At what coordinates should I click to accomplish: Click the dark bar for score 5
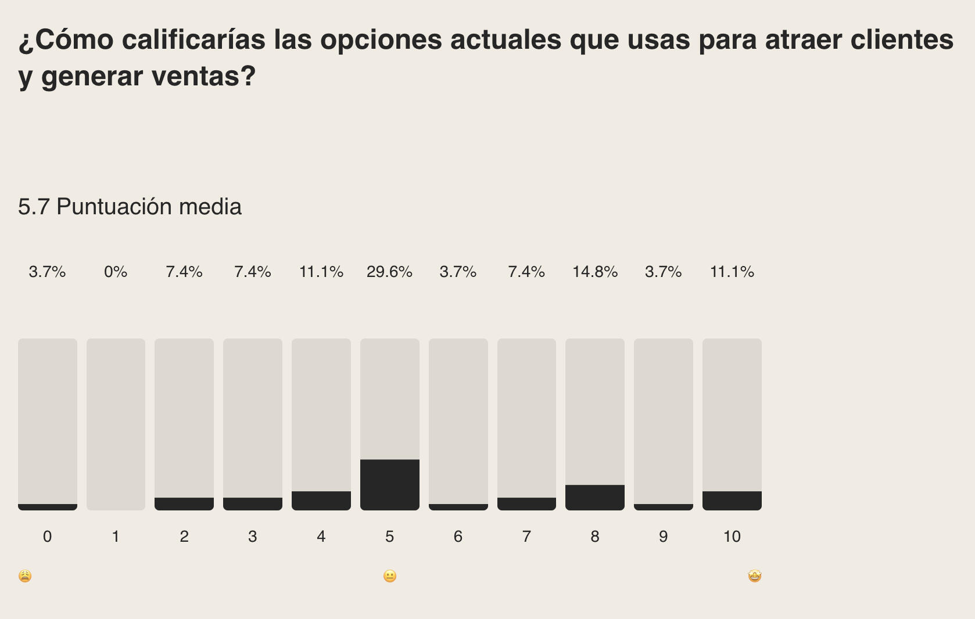pos(389,485)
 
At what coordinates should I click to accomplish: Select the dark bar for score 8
pos(594,498)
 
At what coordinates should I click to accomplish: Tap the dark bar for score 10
pos(732,501)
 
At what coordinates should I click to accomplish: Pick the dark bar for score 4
pos(321,501)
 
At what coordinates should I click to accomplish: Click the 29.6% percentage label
pos(389,272)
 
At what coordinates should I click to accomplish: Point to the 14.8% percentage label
pos(594,272)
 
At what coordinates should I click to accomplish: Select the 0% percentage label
pos(116,272)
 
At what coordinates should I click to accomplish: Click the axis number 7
pos(526,537)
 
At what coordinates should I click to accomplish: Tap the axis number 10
pos(732,537)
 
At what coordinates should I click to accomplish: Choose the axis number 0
pos(47,537)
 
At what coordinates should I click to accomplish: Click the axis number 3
pos(252,537)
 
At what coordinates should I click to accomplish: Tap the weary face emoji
pos(25,576)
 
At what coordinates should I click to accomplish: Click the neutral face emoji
pos(390,576)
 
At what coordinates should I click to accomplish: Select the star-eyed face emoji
pos(754,576)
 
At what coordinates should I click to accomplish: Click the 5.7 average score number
pos(34,207)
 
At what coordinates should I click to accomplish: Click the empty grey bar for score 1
pos(116,424)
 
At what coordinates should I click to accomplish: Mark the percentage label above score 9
pos(663,272)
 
